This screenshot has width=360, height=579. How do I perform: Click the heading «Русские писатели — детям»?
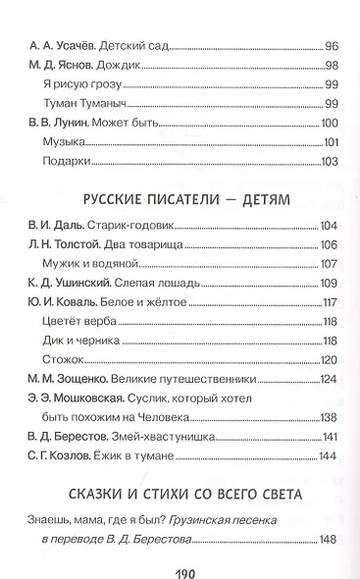point(180,199)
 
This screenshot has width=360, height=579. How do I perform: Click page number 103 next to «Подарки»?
point(329,161)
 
